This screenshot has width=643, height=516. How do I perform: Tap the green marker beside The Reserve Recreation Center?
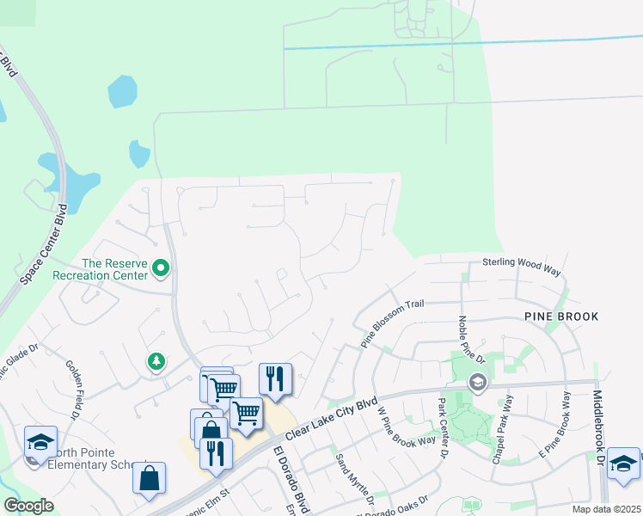pos(160,269)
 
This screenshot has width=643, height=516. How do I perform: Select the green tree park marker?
pos(156,361)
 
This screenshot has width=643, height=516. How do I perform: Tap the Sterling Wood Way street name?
pos(521,267)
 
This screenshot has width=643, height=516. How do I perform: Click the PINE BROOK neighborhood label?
pos(560,316)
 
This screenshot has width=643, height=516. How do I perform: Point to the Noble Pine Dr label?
pos(468,339)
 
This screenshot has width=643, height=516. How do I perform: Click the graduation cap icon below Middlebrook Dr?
pos(622,464)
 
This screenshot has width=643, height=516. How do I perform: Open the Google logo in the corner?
pos(28,506)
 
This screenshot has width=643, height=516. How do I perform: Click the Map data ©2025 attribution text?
pos(606,509)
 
